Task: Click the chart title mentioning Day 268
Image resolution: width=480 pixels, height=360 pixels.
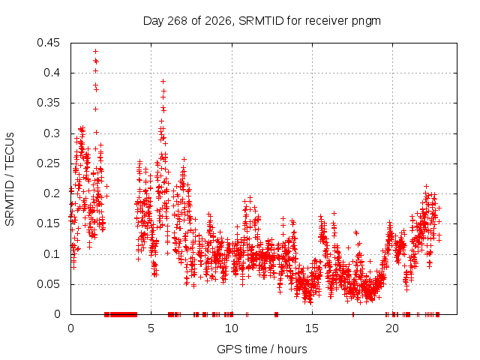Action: click(262, 21)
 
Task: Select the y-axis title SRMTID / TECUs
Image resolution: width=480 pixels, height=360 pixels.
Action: click(10, 179)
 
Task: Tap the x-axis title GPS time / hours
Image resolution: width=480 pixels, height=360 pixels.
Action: click(262, 349)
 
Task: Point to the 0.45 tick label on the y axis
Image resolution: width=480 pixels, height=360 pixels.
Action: click(48, 43)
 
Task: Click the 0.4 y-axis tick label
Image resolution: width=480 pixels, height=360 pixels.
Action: click(52, 73)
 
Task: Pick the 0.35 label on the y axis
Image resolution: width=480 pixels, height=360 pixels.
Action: click(48, 103)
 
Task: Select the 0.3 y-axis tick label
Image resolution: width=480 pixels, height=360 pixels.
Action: click(52, 133)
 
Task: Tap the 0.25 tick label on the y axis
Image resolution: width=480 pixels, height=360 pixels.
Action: click(48, 163)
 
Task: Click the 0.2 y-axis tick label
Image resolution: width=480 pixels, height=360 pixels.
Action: click(52, 193)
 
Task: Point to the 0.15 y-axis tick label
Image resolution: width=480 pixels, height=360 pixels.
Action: click(48, 223)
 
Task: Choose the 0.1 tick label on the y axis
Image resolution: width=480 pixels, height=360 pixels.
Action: click(52, 253)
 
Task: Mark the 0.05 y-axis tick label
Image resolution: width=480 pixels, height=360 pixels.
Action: click(48, 284)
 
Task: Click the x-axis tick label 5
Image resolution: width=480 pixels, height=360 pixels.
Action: click(151, 328)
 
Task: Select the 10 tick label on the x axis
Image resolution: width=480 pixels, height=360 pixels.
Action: click(232, 328)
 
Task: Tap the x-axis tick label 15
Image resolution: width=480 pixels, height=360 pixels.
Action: click(312, 328)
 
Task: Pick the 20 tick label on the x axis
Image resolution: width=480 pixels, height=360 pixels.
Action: click(392, 328)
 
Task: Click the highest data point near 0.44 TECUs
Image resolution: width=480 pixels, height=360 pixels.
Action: click(95, 51)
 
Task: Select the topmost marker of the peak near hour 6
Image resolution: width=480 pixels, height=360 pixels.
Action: click(163, 82)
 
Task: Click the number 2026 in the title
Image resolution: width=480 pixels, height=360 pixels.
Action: click(218, 21)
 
